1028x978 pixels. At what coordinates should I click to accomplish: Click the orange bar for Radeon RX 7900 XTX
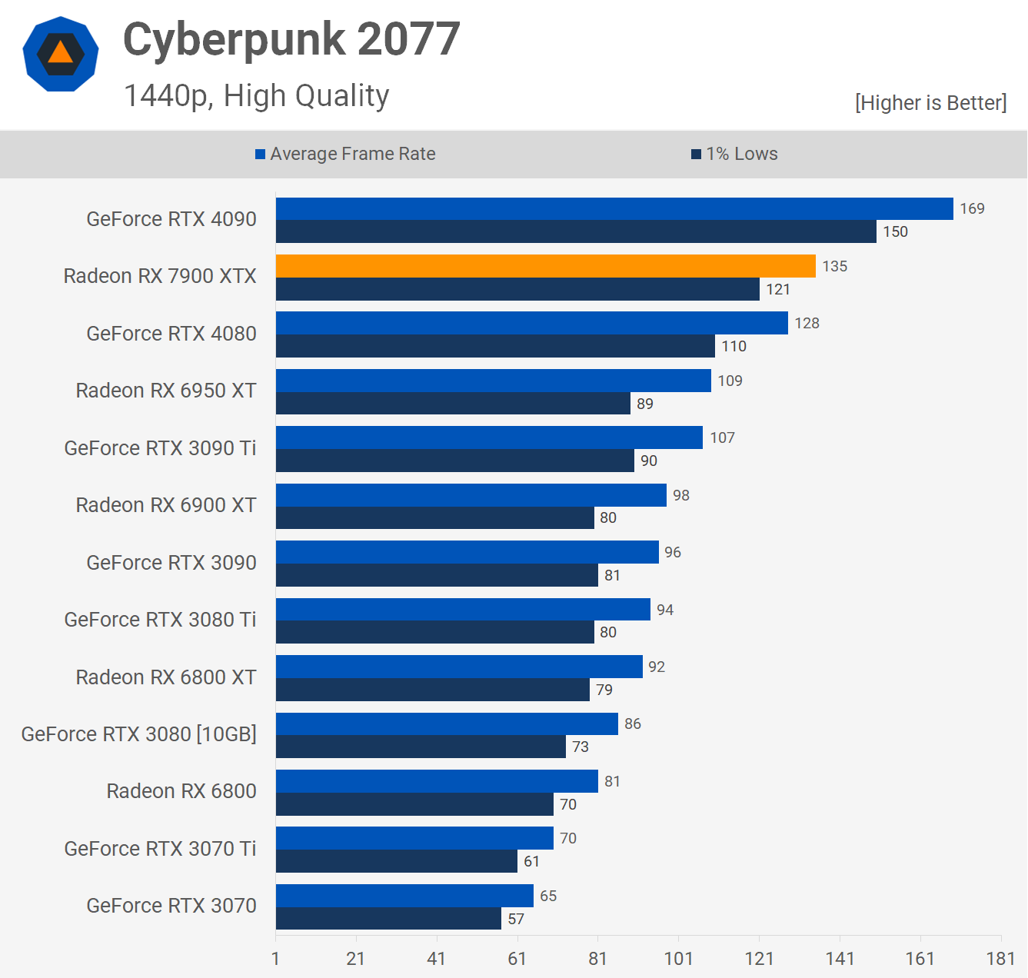click(x=545, y=266)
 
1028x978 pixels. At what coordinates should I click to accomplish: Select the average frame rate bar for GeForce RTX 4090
click(x=614, y=209)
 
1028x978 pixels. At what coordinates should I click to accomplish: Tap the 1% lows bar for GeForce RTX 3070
click(x=388, y=918)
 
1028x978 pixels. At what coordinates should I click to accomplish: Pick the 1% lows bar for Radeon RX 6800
click(x=414, y=804)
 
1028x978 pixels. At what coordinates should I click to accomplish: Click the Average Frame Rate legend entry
click(x=345, y=154)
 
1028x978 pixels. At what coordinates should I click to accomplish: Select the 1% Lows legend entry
click(x=734, y=154)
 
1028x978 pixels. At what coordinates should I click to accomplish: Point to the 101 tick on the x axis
click(x=678, y=958)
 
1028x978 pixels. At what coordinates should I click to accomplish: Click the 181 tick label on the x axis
click(x=1000, y=958)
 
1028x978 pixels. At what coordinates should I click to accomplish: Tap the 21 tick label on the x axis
click(x=356, y=958)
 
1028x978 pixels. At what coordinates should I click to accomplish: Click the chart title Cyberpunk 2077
click(x=291, y=39)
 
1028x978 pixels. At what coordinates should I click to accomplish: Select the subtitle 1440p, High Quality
click(x=256, y=96)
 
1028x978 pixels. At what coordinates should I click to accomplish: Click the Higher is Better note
click(x=930, y=103)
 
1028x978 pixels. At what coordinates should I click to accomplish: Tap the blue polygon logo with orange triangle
click(x=61, y=54)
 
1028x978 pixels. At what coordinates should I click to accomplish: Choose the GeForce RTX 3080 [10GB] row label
click(x=139, y=734)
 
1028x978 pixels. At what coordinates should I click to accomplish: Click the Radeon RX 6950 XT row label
click(x=166, y=391)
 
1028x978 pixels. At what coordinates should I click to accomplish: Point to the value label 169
click(x=972, y=208)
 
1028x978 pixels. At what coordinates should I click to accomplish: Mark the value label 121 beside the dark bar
click(x=778, y=289)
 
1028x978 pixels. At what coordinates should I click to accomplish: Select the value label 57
click(x=516, y=919)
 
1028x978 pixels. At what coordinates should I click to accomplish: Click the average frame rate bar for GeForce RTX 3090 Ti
click(x=489, y=437)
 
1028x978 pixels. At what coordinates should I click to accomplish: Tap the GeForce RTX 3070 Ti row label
click(x=160, y=849)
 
